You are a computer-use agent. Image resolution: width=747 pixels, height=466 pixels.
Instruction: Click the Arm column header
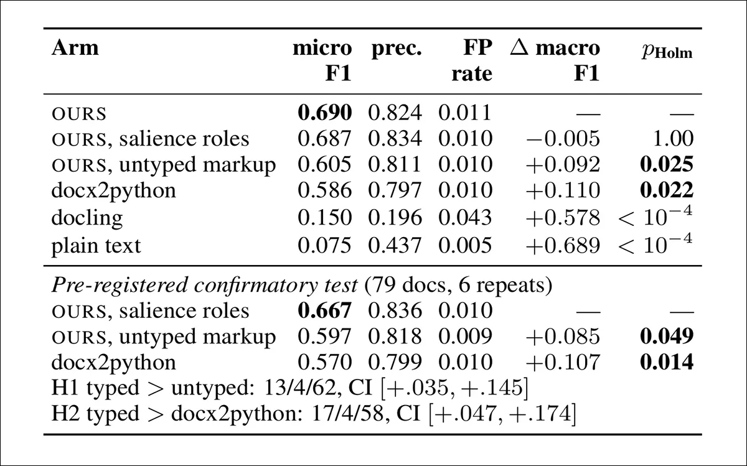tap(75, 48)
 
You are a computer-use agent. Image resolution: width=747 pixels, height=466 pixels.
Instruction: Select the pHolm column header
tap(667, 52)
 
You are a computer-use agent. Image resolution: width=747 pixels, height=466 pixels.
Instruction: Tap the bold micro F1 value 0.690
tap(324, 113)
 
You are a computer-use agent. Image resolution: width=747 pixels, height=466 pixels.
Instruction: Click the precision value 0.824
tap(395, 113)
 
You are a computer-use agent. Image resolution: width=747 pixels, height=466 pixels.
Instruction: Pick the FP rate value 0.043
tap(465, 217)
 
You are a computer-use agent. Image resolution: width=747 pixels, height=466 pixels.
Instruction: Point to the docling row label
tap(87, 218)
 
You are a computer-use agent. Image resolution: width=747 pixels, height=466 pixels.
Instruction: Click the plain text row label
tap(96, 246)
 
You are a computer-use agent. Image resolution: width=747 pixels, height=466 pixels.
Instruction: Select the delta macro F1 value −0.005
tap(563, 138)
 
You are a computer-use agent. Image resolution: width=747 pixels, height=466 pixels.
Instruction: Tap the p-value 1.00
tap(674, 138)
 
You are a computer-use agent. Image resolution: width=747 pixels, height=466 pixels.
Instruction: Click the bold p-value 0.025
tap(667, 164)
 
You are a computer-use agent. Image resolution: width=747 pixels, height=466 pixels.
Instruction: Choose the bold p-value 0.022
tap(667, 190)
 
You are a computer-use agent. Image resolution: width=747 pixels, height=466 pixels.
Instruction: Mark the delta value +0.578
tap(563, 217)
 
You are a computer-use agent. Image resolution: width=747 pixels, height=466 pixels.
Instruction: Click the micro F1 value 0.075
tap(324, 245)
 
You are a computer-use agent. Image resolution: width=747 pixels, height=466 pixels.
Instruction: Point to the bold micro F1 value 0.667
tap(324, 310)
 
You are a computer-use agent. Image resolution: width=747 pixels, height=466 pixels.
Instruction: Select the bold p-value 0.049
tap(667, 336)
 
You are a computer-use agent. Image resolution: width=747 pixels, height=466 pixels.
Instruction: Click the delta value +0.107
tap(563, 362)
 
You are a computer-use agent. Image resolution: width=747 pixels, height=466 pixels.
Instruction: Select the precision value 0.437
tap(395, 245)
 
